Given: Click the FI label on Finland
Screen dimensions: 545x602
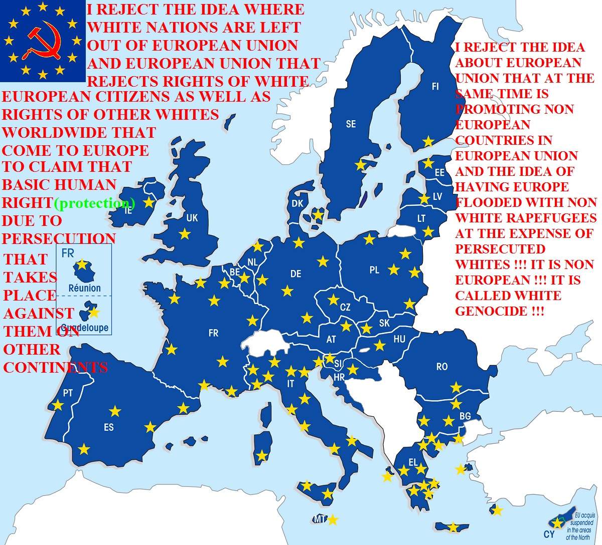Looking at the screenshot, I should [x=435, y=87].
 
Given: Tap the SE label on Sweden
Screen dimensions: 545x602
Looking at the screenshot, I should [x=351, y=124].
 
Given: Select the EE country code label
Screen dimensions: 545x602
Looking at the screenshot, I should [x=439, y=173].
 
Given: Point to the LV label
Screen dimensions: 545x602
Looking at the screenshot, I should [x=437, y=196].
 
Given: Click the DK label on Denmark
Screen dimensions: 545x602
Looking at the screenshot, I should [x=297, y=204].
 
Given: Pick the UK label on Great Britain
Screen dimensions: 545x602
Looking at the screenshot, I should [x=192, y=218].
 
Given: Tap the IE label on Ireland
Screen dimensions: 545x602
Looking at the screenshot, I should [x=128, y=211].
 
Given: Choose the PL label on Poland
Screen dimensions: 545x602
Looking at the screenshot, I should [x=374, y=270].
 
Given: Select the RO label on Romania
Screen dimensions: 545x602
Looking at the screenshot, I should [x=441, y=367].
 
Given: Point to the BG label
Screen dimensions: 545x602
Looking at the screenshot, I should [x=465, y=416].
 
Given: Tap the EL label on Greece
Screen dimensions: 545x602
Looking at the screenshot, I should [x=413, y=462].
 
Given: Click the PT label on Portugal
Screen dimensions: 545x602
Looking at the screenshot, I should [x=68, y=394].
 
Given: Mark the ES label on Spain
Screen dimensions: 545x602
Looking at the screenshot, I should [x=109, y=428].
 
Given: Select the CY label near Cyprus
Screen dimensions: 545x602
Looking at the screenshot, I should [x=549, y=534].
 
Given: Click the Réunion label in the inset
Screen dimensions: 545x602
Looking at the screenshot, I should [x=84, y=288].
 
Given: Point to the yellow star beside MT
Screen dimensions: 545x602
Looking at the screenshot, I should [x=332, y=520].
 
